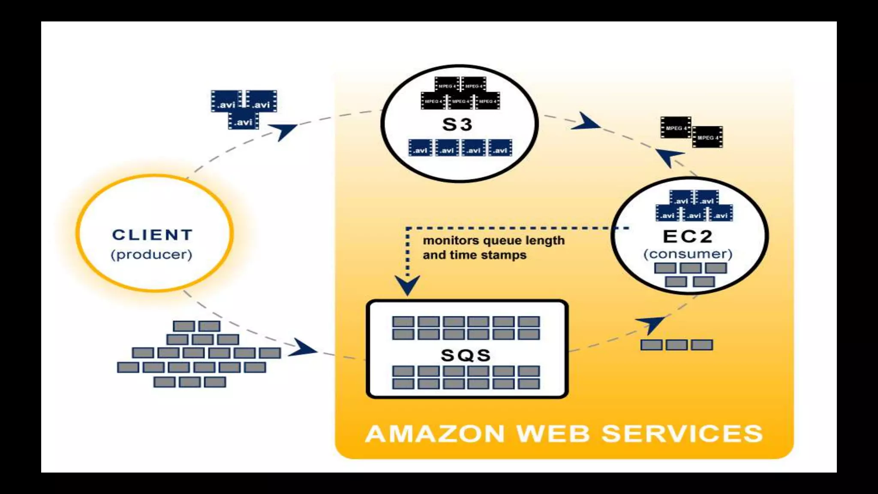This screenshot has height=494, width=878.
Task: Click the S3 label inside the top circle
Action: (457, 125)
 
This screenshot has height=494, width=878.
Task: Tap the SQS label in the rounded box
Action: (466, 355)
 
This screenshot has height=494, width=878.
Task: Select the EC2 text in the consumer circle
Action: (687, 236)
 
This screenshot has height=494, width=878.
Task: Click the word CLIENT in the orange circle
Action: (153, 235)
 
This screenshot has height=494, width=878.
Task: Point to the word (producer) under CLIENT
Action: (151, 255)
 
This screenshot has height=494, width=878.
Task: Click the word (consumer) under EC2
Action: (688, 254)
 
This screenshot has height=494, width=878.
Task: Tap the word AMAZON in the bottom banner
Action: (435, 434)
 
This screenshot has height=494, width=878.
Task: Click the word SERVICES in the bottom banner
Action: (683, 434)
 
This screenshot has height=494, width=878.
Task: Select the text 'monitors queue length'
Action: (493, 241)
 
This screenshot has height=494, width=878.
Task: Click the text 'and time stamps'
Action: (474, 255)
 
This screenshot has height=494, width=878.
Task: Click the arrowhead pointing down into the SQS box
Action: (407, 285)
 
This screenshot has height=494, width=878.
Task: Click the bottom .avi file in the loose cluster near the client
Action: (244, 122)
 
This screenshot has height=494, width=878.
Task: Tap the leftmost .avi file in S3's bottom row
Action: (420, 148)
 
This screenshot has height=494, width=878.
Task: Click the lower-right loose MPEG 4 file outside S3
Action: (707, 137)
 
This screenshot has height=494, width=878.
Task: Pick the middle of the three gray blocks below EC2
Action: (677, 345)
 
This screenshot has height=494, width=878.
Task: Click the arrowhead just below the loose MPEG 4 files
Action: (669, 157)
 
